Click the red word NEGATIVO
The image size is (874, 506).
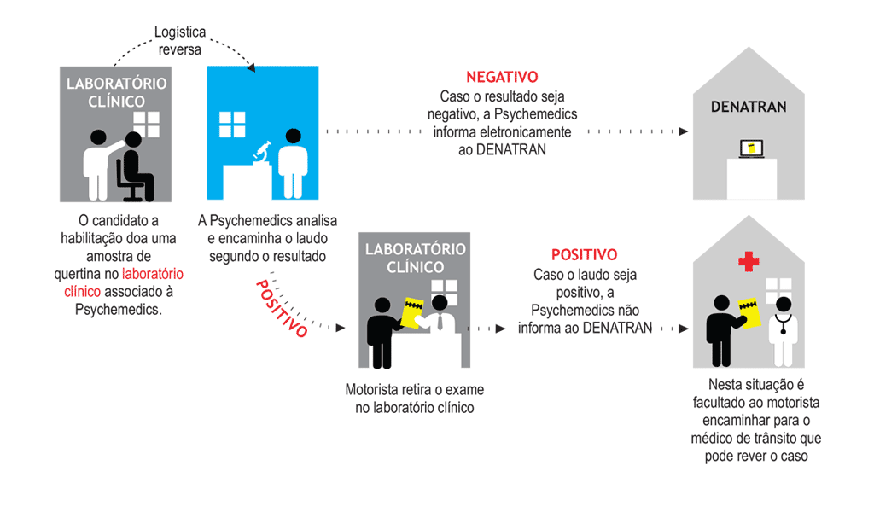(x=502, y=77)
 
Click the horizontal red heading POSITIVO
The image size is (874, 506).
(x=584, y=254)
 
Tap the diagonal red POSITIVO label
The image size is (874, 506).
(x=282, y=307)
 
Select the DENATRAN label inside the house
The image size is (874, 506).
(x=749, y=107)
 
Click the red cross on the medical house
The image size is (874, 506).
(x=749, y=261)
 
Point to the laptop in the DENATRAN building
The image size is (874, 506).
(x=751, y=149)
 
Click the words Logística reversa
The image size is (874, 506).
(x=178, y=40)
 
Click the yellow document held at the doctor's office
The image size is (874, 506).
(x=749, y=311)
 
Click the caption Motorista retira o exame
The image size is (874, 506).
(x=414, y=390)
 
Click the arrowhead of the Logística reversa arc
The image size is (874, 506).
(x=252, y=67)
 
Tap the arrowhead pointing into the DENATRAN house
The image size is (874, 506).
(x=684, y=132)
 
